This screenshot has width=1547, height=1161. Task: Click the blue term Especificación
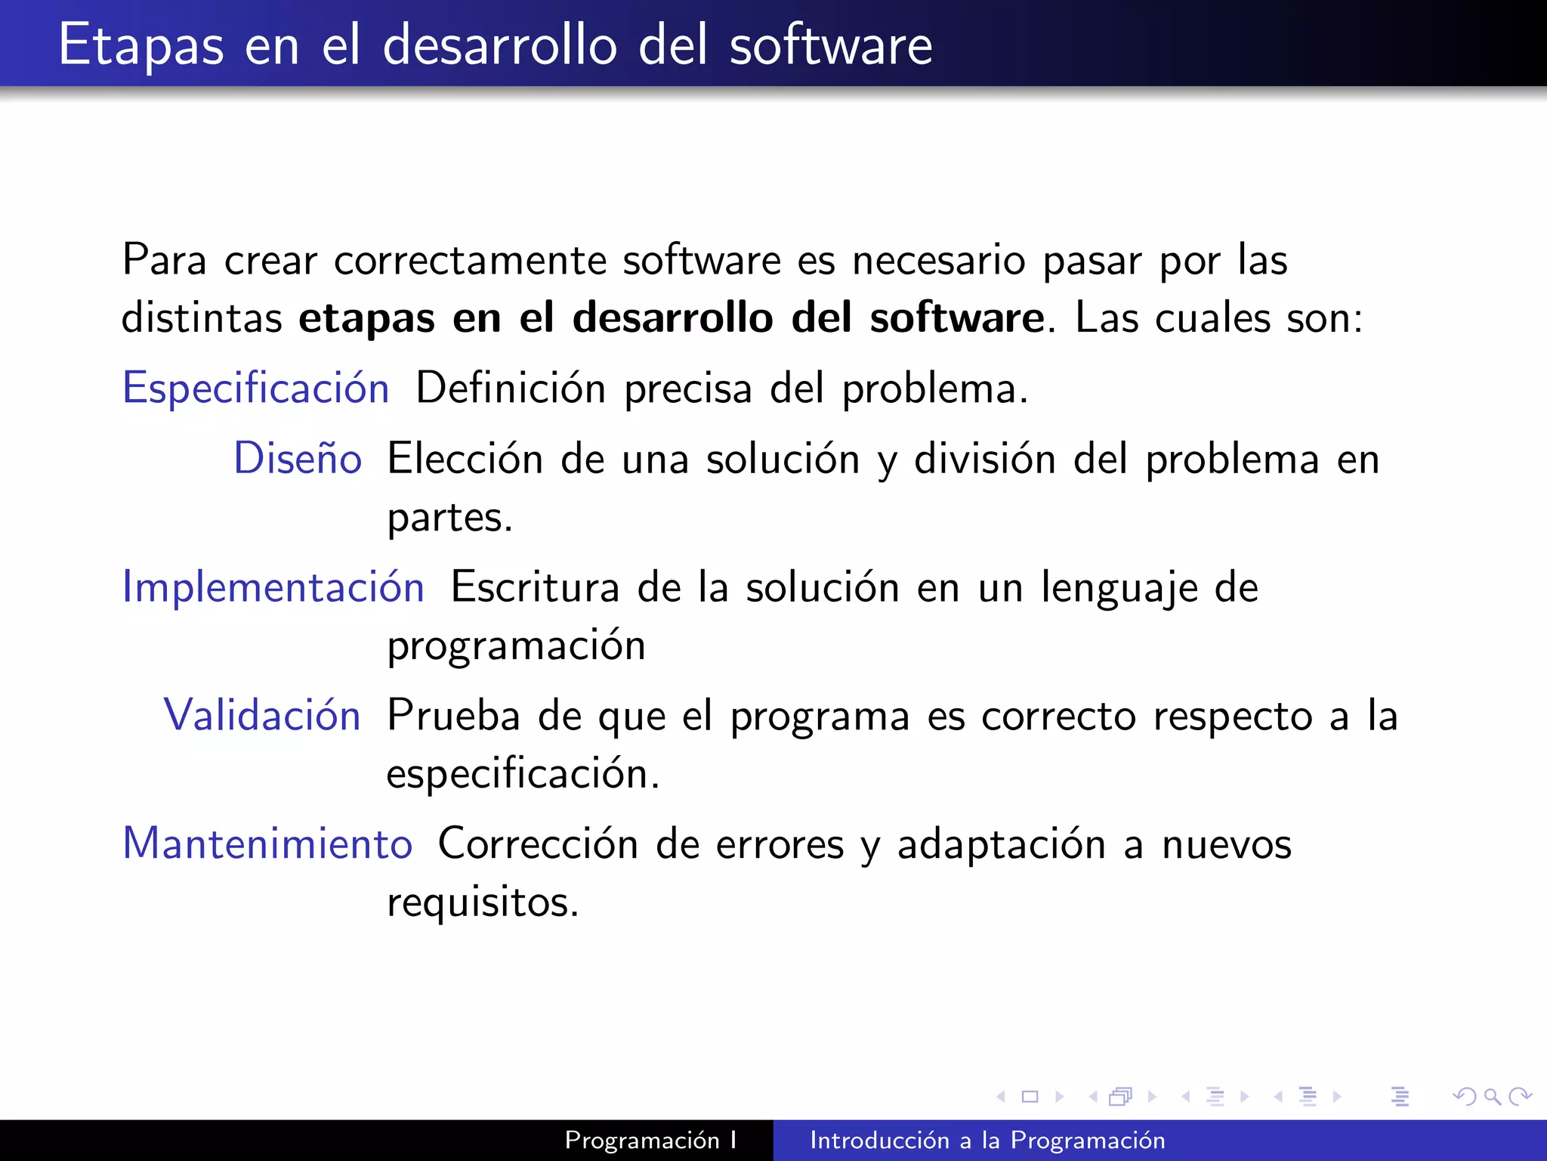255,389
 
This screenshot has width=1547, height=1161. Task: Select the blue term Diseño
298,459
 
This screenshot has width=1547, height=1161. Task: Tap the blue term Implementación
273,587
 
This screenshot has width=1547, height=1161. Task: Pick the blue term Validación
262,715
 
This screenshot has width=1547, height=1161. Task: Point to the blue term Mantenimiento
267,844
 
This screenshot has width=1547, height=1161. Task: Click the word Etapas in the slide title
141,45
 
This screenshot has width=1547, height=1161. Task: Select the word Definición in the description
511,389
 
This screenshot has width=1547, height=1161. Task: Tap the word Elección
465,459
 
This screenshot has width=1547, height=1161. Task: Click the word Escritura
535,587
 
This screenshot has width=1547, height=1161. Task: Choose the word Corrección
538,844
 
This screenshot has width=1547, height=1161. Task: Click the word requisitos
482,902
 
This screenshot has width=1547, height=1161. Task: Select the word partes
449,519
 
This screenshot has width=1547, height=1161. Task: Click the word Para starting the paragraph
164,260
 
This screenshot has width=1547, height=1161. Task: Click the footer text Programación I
650,1140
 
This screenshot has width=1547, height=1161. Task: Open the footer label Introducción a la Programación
987,1140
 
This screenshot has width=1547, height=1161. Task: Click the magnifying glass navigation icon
1492,1096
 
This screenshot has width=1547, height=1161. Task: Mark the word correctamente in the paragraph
470,260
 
